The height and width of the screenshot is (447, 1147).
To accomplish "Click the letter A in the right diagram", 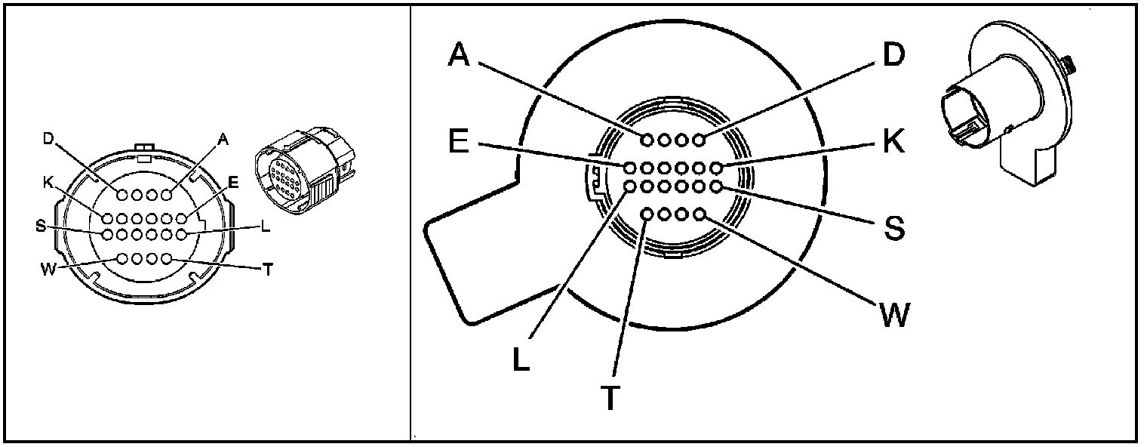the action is click(x=460, y=55).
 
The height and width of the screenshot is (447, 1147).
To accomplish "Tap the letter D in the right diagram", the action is click(x=893, y=55).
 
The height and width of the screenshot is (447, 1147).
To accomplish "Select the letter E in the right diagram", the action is click(x=459, y=141).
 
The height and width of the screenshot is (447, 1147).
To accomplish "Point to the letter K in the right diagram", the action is click(x=893, y=142).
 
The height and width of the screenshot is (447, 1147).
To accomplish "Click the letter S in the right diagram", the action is click(x=893, y=227).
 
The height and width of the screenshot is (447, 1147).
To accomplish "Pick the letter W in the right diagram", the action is click(x=893, y=313).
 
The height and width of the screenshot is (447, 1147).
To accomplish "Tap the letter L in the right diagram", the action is click(x=521, y=359).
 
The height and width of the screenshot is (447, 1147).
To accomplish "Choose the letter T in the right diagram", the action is click(x=610, y=398).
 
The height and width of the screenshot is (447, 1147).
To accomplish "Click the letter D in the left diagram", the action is click(x=48, y=139).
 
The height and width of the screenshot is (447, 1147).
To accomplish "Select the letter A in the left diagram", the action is click(x=222, y=139).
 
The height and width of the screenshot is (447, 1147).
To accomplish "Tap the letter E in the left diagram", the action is click(x=233, y=182).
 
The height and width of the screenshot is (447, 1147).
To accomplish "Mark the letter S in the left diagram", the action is click(x=39, y=226).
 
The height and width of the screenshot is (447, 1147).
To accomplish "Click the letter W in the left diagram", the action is click(x=48, y=270).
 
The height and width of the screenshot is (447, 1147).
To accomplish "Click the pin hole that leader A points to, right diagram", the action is click(x=647, y=140).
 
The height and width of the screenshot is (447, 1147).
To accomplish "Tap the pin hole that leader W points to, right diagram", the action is click(x=700, y=215).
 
